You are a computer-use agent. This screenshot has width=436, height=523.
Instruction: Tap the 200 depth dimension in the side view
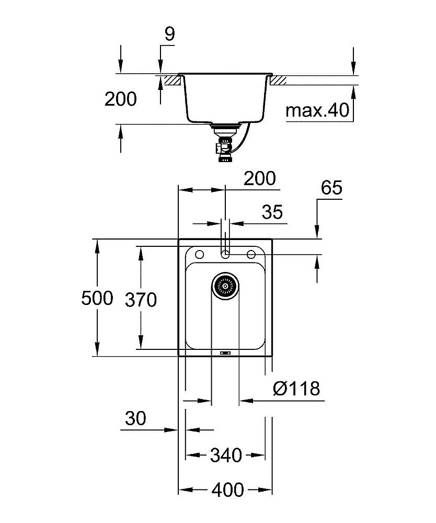click(120, 99)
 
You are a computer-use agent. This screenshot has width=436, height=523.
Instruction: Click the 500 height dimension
click(97, 299)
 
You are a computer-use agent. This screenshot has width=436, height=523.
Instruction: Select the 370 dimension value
click(141, 300)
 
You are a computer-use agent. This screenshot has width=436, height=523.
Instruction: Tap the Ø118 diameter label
click(296, 388)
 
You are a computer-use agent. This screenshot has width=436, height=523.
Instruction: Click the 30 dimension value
click(135, 418)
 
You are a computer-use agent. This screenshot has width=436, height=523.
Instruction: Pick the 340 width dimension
click(225, 455)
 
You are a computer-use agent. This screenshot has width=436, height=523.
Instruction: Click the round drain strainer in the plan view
click(225, 286)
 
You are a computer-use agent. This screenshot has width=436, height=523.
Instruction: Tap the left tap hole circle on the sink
click(199, 254)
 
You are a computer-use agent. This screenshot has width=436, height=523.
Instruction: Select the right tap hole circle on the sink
click(251, 254)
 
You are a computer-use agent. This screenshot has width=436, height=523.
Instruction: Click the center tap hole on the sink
click(225, 254)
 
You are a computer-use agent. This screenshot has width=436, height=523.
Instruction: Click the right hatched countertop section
click(278, 81)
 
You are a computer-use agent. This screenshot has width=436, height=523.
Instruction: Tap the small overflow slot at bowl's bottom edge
click(225, 353)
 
